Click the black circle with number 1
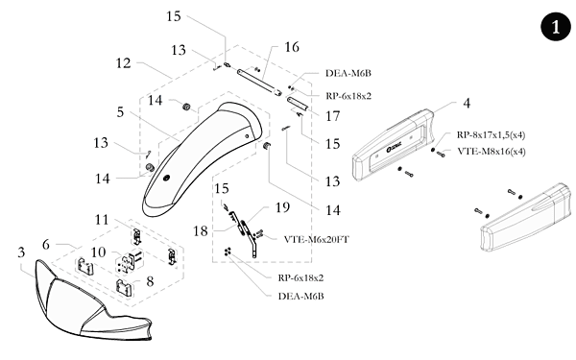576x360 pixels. pos(556,27)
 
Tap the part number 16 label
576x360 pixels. pos(292,47)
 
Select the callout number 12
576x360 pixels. pos(124,63)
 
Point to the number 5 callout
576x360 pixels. pos(121,112)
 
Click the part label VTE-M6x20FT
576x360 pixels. pos(316,239)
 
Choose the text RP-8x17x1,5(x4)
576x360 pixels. pos(491,134)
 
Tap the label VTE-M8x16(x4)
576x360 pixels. pos(492,152)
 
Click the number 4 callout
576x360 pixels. pos(467,104)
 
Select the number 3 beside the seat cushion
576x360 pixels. pos(21,252)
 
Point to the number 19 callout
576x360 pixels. pos(282,207)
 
